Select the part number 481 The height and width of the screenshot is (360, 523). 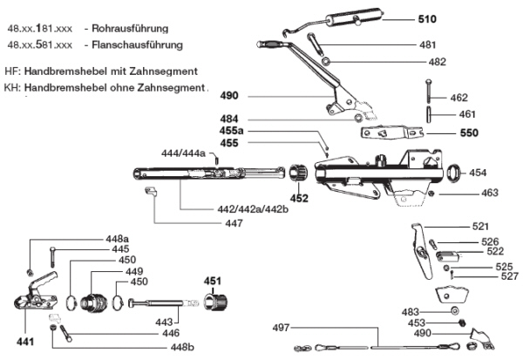(428, 45)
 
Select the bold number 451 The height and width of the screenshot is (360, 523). (214, 280)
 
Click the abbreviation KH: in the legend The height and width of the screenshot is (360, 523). (12, 87)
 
